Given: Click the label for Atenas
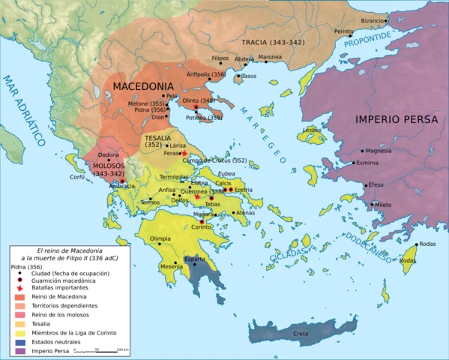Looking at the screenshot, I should [244, 213].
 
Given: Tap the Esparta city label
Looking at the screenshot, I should [194, 259].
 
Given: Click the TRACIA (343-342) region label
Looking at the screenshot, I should [273, 42].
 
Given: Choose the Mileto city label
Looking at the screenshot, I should [382, 205].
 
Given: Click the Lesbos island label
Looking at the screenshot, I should [312, 129].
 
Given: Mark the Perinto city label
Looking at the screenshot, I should [343, 31].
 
